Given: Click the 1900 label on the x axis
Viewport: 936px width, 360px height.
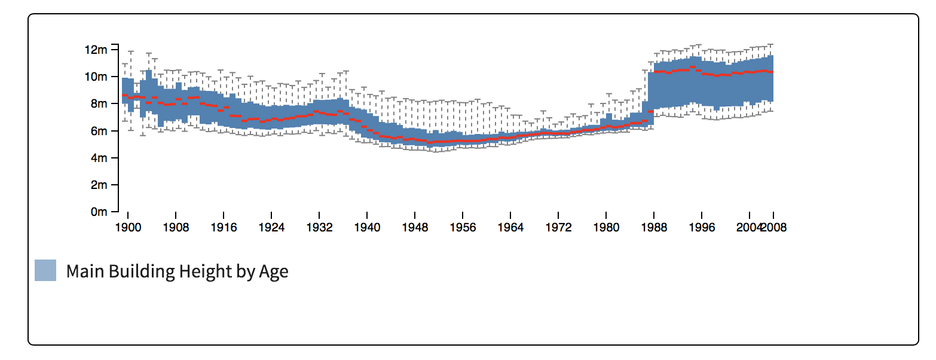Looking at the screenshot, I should tap(127, 228).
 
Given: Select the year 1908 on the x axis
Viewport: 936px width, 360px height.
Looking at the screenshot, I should tap(176, 228).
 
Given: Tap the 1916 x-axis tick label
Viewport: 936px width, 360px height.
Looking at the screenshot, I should tap(224, 228).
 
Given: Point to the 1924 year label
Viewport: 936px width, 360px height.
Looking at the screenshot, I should tap(271, 228).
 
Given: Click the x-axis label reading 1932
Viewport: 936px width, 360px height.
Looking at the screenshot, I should tap(319, 228).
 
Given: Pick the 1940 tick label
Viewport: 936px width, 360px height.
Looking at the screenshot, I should tap(367, 228).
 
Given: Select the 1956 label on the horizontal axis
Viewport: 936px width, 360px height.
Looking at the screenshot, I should tap(463, 228).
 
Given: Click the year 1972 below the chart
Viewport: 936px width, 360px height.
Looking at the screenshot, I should tap(558, 228).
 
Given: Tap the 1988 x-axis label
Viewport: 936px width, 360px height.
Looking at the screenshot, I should tap(654, 228).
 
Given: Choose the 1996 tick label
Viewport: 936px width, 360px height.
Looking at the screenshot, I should tap(702, 228).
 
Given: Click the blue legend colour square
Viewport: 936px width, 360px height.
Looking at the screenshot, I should tap(45, 270).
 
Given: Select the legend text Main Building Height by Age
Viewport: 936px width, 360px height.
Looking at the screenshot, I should tap(177, 271).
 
